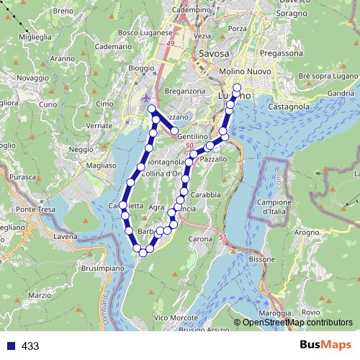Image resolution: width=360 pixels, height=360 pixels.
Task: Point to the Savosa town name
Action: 214,54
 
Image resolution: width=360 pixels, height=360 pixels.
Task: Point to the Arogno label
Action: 306,233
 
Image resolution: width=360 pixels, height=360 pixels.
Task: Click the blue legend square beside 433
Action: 9,346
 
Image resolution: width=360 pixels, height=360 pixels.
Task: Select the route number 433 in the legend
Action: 30,346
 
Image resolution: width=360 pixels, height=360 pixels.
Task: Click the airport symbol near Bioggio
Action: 148,97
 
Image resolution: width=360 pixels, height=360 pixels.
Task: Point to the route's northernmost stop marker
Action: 238,86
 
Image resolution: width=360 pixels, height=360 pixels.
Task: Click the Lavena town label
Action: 66,235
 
